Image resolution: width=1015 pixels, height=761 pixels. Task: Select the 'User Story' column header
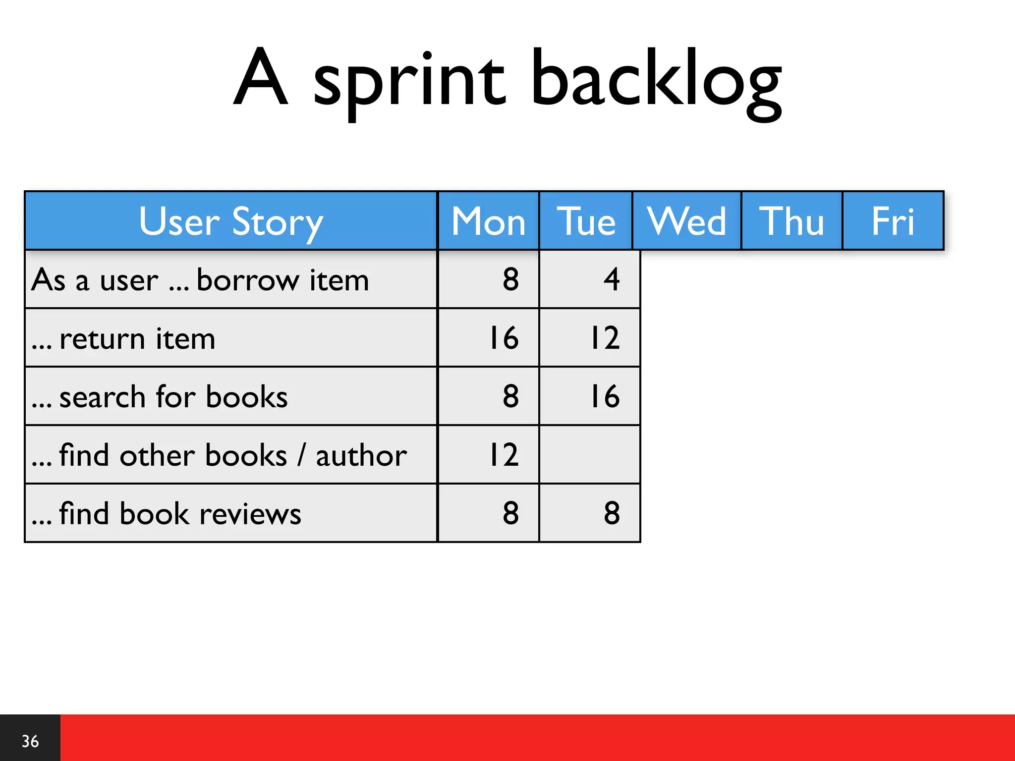(231, 221)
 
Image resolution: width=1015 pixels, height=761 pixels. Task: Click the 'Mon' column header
(488, 221)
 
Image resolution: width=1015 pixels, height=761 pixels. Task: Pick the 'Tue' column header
(586, 221)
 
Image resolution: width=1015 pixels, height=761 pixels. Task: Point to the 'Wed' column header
(686, 221)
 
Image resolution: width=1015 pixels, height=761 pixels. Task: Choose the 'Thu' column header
(791, 221)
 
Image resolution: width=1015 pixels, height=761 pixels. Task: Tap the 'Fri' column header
(893, 221)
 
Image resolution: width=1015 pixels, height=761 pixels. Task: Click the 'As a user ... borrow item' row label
(200, 280)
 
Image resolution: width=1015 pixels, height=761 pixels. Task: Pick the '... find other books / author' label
(219, 455)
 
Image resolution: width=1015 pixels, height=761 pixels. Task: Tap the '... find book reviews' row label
(166, 514)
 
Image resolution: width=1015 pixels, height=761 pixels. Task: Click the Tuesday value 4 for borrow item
(612, 279)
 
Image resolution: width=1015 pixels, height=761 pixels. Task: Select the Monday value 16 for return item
(504, 338)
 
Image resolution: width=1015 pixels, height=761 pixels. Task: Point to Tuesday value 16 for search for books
(605, 396)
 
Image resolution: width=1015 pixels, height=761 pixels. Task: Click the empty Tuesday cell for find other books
(589, 454)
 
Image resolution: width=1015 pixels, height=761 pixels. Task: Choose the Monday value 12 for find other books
(504, 454)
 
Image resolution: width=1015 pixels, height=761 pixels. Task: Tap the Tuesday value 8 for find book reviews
(612, 513)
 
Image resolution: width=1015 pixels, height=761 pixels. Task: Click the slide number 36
(30, 741)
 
